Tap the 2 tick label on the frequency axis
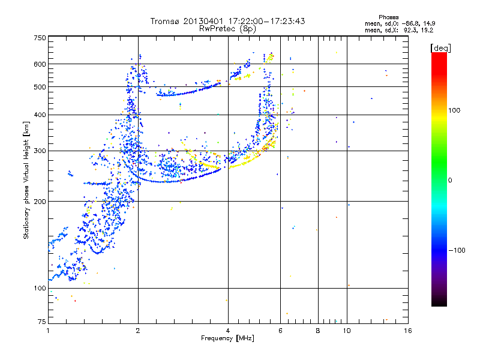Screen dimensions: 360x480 coord(138,331)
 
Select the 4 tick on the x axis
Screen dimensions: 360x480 coord(228,331)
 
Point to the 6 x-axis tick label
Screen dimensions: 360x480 coord(281,331)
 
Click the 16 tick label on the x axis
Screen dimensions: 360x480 coord(407,331)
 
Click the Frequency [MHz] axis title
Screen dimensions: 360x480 coord(227,338)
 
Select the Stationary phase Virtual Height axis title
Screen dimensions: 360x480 coord(26,180)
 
